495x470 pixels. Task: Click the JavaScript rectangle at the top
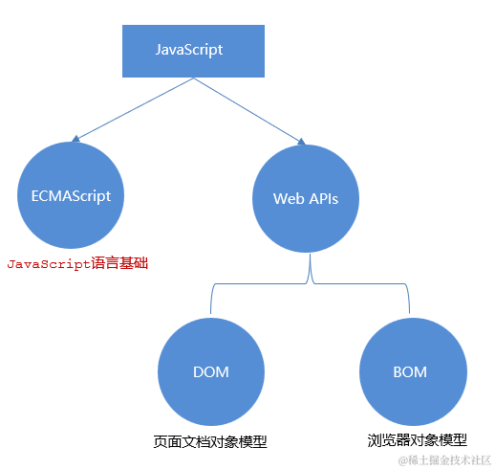193,51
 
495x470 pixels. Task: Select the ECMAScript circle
71,195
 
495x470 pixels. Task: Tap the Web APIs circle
306,198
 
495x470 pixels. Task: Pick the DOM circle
211,371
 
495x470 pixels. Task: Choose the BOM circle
413,371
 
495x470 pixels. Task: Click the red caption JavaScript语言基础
77,263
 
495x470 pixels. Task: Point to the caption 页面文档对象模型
210,441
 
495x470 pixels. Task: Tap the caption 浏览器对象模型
418,440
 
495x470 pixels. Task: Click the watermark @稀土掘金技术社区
444,460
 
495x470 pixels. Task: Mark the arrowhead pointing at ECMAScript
75,139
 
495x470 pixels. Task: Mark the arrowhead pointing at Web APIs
301,142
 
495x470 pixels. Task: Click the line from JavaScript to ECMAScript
135,108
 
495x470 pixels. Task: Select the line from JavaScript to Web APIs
247,109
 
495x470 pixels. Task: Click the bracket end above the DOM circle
210,313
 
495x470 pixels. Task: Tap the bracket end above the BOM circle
409,313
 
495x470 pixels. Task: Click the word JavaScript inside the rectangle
189,50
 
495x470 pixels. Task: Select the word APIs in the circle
324,199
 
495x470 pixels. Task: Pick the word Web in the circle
289,199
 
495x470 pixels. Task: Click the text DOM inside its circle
211,372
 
